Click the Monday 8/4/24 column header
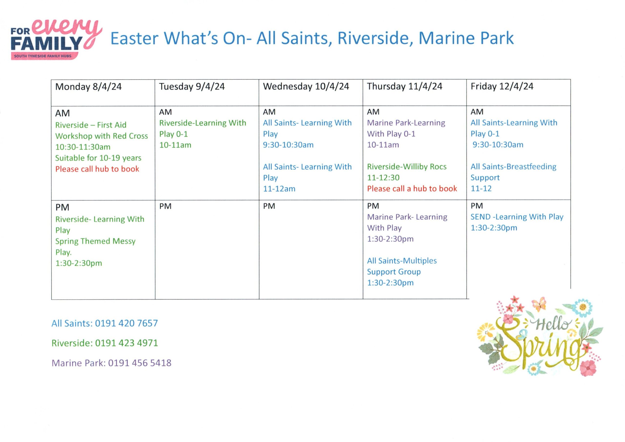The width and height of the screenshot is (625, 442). (88, 87)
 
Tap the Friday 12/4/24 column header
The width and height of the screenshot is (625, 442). (502, 87)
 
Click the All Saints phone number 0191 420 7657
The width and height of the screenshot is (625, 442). (126, 323)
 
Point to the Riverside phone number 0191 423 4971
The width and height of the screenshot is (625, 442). (126, 343)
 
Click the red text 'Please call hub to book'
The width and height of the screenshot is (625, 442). (97, 169)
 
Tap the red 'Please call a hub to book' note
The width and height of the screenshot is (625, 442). (412, 189)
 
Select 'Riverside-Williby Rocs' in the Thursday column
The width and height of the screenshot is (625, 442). (407, 166)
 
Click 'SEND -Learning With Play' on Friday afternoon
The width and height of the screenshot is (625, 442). (517, 217)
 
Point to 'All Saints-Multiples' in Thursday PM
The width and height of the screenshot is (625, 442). (402, 261)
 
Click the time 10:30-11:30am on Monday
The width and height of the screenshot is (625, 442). (83, 147)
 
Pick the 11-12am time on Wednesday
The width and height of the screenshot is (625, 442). (279, 189)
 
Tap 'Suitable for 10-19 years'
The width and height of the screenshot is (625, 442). (98, 158)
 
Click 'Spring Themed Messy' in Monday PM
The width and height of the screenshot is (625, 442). (95, 241)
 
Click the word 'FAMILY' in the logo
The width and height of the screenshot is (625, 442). (47, 43)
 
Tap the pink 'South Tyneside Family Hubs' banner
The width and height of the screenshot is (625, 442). (44, 56)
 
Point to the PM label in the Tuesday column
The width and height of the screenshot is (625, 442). (165, 206)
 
